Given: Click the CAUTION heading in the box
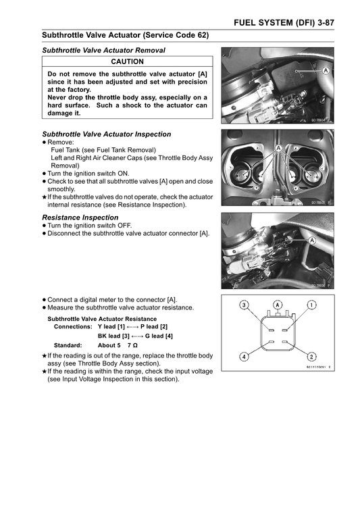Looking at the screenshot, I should (x=127, y=61).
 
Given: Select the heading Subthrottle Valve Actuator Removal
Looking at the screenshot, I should (x=103, y=50).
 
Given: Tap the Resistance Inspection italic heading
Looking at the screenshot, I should (x=80, y=218).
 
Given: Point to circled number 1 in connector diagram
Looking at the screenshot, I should (x=311, y=305).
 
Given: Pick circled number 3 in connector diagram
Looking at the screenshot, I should (x=245, y=305).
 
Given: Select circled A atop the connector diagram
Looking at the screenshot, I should (x=278, y=305).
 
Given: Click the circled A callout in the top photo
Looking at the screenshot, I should (x=326, y=70).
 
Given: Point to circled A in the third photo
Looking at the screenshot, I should (x=313, y=240).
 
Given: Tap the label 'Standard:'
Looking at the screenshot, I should (x=68, y=345).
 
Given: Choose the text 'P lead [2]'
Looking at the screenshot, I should (x=154, y=326).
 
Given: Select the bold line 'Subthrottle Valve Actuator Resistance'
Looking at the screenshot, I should (x=101, y=318).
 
